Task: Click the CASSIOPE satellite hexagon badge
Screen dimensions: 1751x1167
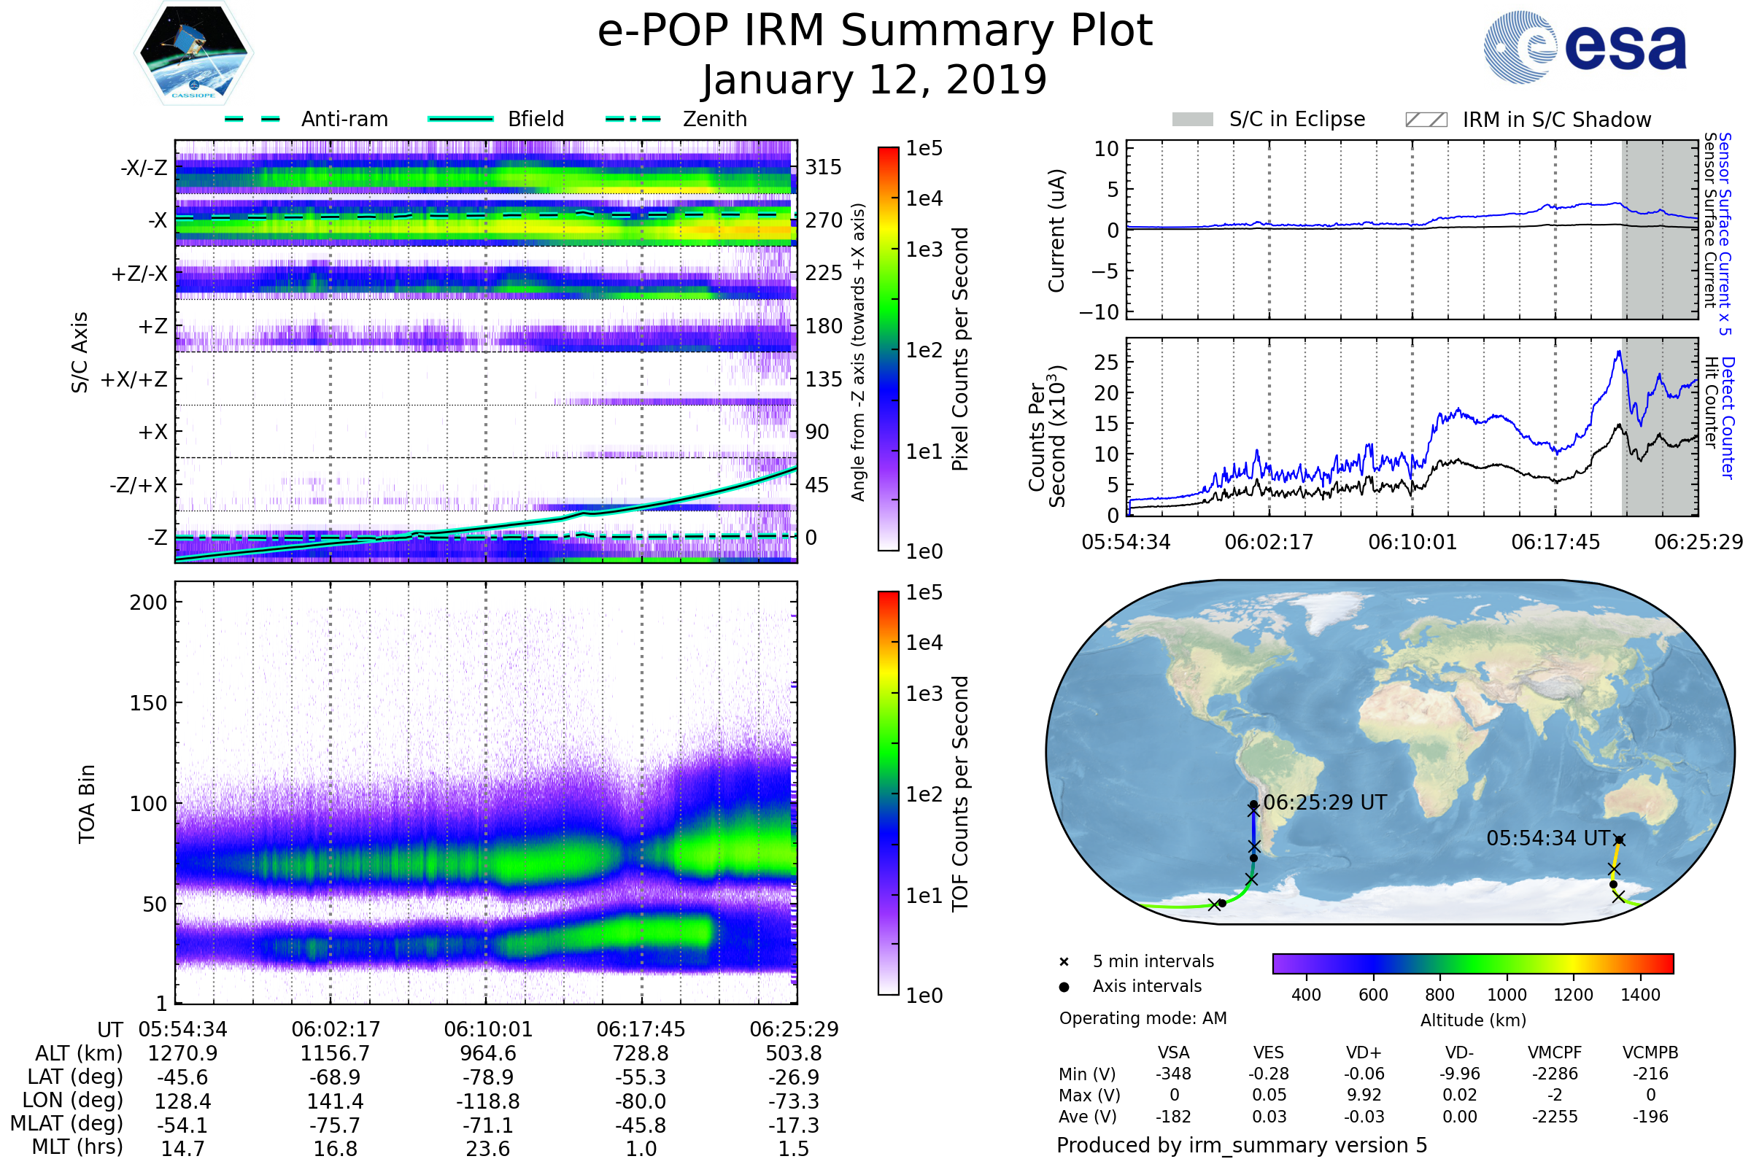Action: point(193,53)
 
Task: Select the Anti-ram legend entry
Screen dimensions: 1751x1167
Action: point(306,119)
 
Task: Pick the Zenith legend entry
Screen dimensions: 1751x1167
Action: point(676,119)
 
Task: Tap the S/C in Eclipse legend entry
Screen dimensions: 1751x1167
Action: point(1269,119)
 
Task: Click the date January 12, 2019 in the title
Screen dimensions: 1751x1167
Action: point(875,80)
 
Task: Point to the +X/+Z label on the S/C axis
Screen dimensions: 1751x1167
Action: point(134,379)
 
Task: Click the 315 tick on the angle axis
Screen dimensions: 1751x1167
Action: point(824,167)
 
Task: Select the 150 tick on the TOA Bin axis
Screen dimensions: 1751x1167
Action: point(149,703)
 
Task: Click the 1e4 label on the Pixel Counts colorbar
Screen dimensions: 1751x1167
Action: point(924,198)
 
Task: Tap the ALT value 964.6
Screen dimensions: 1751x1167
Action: point(487,1054)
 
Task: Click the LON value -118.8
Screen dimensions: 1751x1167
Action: point(487,1101)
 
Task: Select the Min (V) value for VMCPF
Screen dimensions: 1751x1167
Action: point(1555,1074)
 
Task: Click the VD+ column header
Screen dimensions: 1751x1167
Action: point(1364,1053)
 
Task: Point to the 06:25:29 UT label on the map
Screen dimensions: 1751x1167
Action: point(1325,803)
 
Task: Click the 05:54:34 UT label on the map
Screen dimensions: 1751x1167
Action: point(1548,839)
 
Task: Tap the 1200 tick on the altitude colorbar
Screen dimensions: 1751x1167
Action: point(1573,995)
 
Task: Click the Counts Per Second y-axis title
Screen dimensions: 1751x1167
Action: point(1048,437)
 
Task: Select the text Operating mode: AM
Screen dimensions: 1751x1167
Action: point(1143,1018)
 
